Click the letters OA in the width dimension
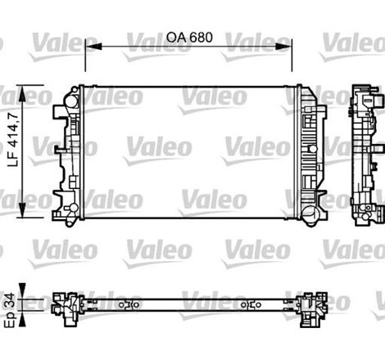tap(174, 37)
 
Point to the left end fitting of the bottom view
tap(66, 304)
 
